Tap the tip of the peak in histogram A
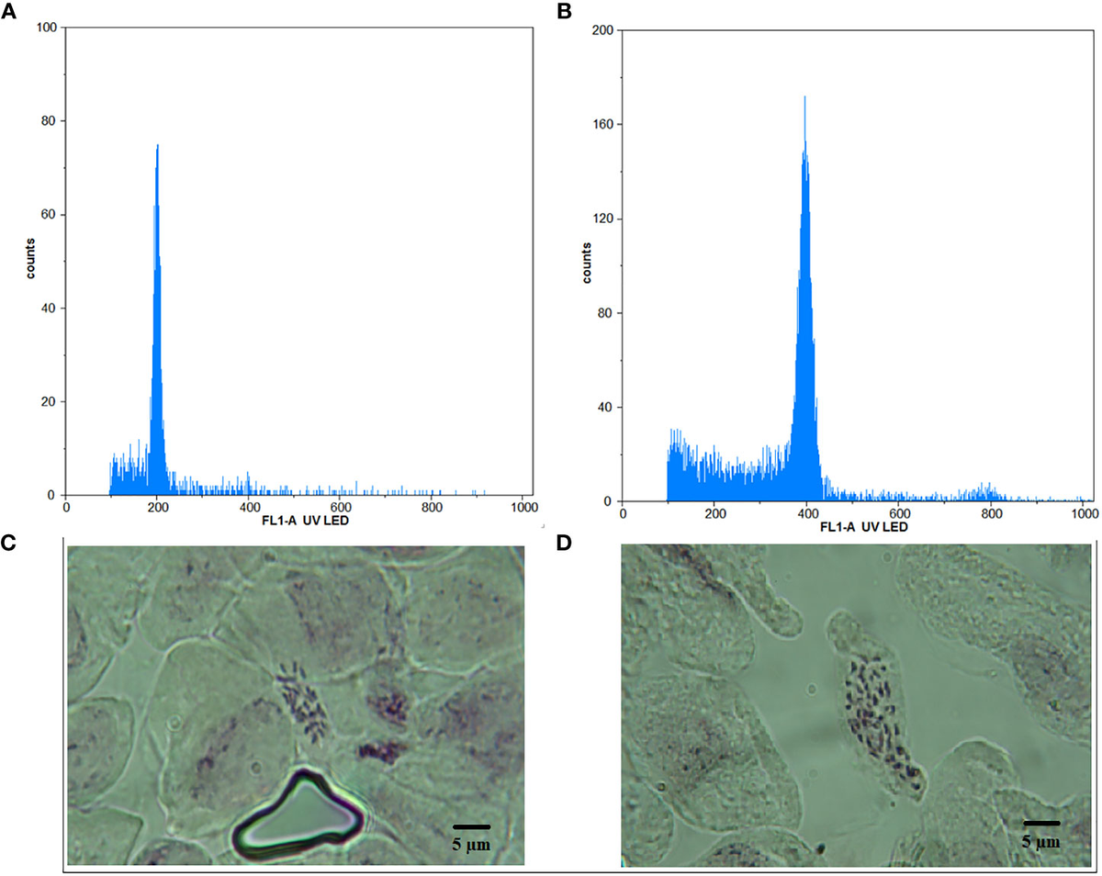coord(157,145)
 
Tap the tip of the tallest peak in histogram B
coord(804,96)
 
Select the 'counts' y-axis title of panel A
coord(31,262)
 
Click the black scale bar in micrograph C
coord(472,827)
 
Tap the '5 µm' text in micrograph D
coord(1041,841)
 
